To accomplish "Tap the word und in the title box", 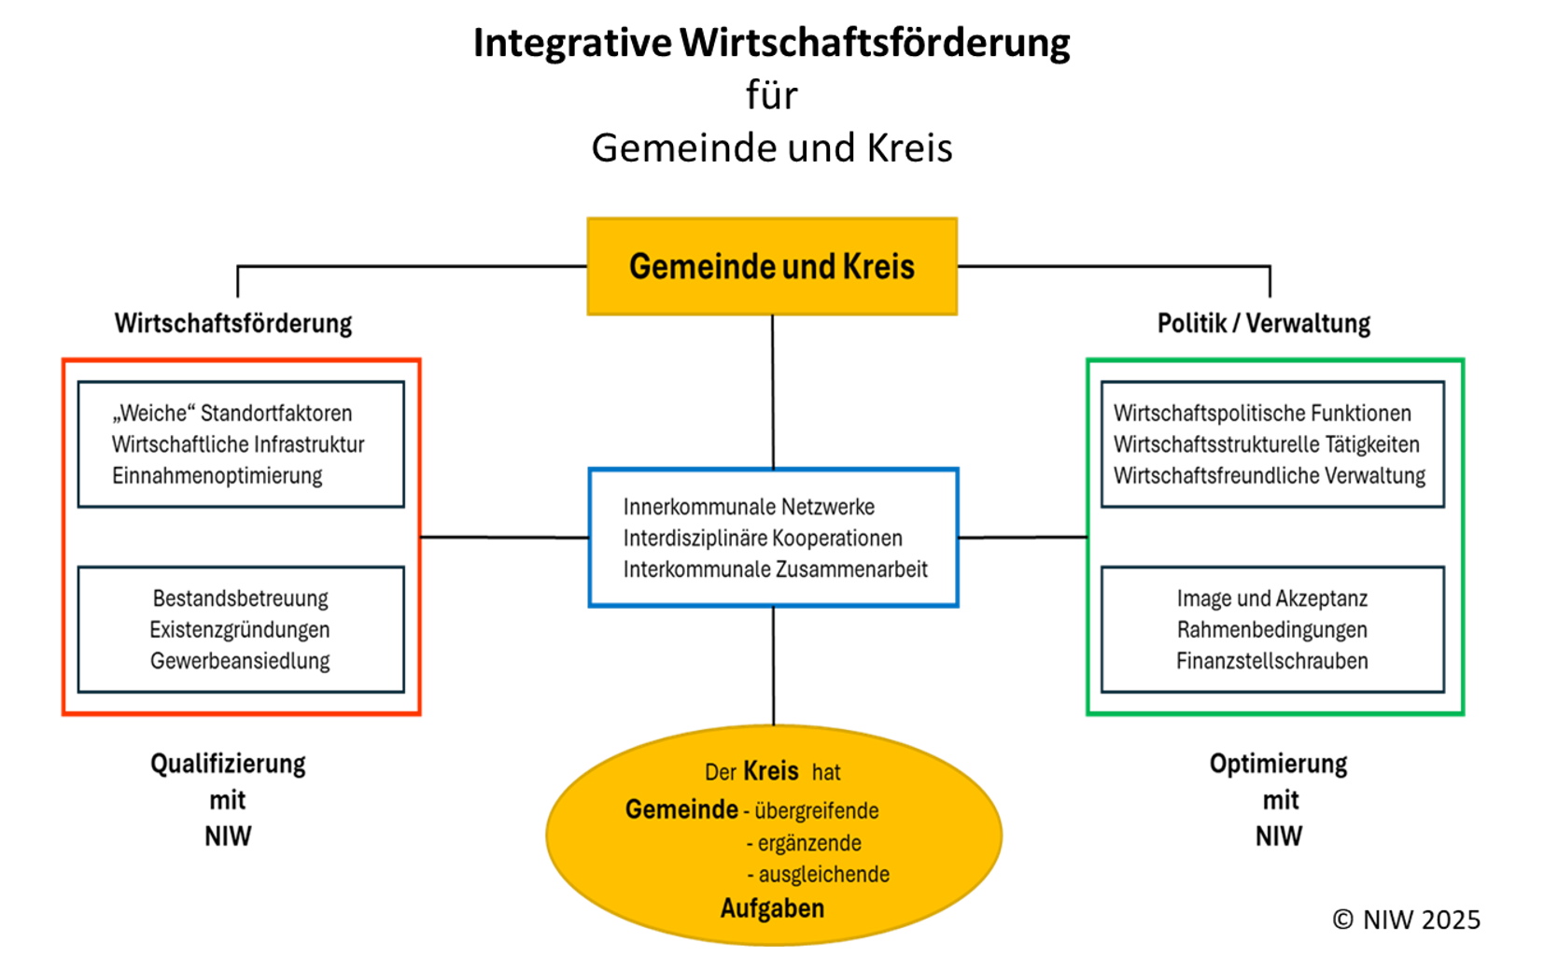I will (809, 267).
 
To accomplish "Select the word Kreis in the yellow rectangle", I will (878, 267).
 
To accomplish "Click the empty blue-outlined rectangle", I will (774, 538).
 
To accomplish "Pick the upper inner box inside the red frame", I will (242, 444).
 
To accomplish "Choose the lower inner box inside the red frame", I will (242, 629).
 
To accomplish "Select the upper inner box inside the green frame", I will (1273, 444).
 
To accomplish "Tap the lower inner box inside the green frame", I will (1273, 629).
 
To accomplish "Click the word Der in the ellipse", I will (721, 773).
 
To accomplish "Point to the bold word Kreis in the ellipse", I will (771, 771).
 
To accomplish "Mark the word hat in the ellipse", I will (826, 773).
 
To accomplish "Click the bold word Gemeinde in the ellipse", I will (681, 809).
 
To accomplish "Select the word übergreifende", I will (817, 811).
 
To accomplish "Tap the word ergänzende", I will (809, 844).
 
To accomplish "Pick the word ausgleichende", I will (823, 875).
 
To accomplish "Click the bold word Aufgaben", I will (772, 908).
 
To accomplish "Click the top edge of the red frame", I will (242, 359).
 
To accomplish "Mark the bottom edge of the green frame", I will (1275, 714).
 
